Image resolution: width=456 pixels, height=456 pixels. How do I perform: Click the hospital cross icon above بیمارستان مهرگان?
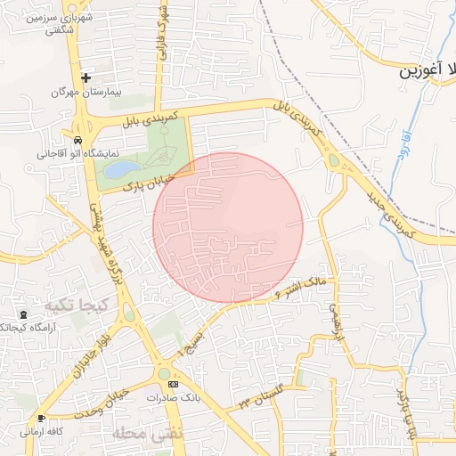[85, 77]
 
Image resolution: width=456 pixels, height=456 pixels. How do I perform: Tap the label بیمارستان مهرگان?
[86, 92]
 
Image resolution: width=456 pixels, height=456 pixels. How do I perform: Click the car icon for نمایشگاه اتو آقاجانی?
[78, 141]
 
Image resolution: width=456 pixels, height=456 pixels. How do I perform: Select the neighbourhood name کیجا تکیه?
[71, 305]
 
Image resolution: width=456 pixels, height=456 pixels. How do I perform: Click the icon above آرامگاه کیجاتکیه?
[22, 314]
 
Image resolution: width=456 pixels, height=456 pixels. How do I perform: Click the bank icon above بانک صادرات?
[173, 384]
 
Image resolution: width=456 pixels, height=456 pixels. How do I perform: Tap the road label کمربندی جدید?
[388, 211]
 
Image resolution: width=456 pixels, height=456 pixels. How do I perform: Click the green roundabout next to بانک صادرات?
[165, 372]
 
